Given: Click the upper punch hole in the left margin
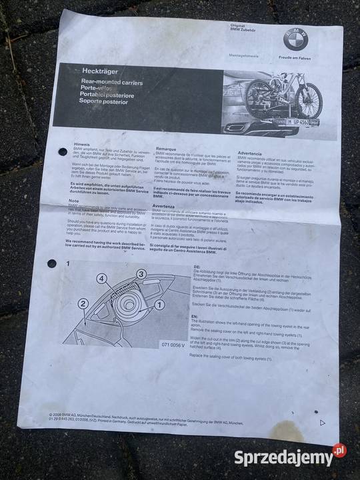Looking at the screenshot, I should (62, 152).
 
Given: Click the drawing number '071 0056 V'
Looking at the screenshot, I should (155, 344).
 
